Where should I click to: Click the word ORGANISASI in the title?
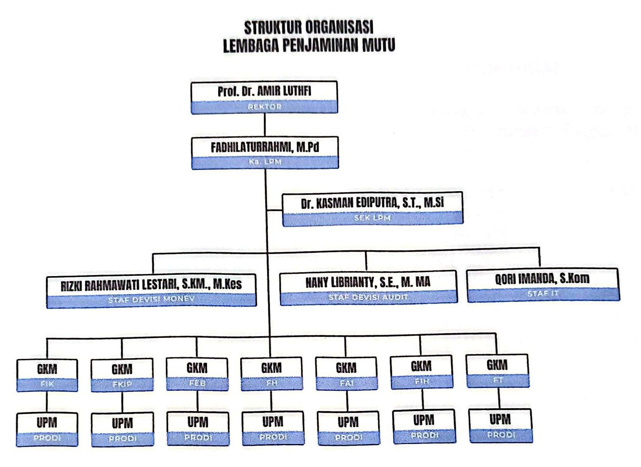[339, 27]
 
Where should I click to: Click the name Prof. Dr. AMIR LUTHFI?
[264, 91]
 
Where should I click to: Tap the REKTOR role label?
[264, 107]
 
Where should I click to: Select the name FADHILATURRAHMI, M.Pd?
[265, 147]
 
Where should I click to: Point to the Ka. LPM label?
[265, 162]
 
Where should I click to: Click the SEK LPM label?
[373, 218]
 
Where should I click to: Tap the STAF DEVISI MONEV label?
[151, 299]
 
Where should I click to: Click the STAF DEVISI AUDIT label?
[368, 297]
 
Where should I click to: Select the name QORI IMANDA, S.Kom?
[542, 279]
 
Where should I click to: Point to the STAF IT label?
[543, 294]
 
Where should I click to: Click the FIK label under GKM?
[47, 384]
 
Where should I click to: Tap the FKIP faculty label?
[122, 384]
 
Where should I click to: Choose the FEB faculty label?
[197, 383]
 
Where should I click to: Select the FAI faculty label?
[346, 383]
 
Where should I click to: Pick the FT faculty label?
[497, 380]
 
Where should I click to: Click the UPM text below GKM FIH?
[423, 420]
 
